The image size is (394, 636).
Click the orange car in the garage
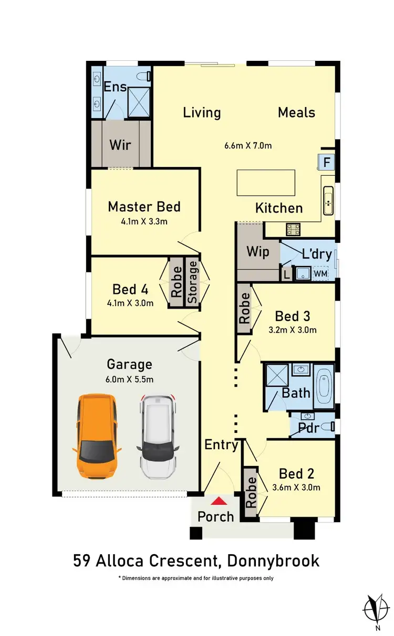click(96, 436)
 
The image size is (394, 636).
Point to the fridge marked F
click(326, 162)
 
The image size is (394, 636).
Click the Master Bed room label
click(144, 207)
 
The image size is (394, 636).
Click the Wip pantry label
click(257, 251)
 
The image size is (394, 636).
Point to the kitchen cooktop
click(293, 229)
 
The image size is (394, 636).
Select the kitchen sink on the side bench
click(328, 200)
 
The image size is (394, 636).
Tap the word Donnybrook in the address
click(273, 560)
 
